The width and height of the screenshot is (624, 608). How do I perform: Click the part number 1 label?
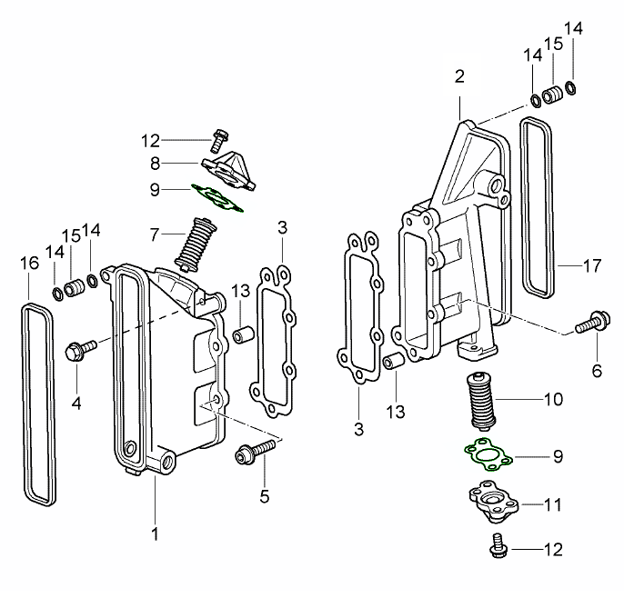tap(155, 531)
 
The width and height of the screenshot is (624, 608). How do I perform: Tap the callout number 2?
tap(459, 75)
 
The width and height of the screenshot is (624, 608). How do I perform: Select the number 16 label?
tap(29, 264)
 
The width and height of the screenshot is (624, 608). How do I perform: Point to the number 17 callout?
tap(592, 266)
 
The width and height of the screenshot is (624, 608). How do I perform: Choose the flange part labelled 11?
tap(494, 502)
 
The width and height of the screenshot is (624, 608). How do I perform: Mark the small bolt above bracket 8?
tap(216, 141)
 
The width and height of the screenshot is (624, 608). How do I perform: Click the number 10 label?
tap(552, 399)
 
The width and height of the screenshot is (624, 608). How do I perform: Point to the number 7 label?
tap(156, 234)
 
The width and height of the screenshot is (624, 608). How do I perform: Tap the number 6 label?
tap(597, 370)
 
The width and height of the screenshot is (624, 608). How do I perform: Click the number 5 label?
tap(265, 496)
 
